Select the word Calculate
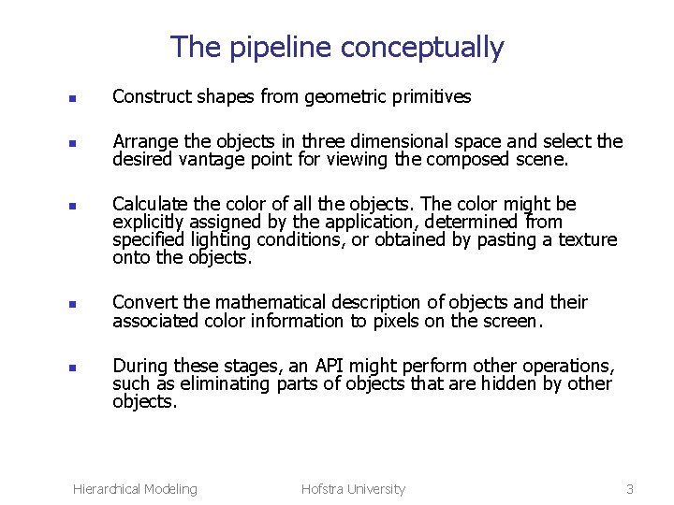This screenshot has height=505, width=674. pyautogui.click(x=148, y=204)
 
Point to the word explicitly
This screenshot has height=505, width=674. pyautogui.click(x=149, y=223)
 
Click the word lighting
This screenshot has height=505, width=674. pyautogui.click(x=220, y=240)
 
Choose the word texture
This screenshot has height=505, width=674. pyautogui.click(x=589, y=240)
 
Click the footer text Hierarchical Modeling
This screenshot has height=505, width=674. pyautogui.click(x=135, y=488)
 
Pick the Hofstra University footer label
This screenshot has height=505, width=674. pyautogui.click(x=353, y=488)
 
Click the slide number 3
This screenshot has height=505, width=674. pyautogui.click(x=630, y=488)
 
